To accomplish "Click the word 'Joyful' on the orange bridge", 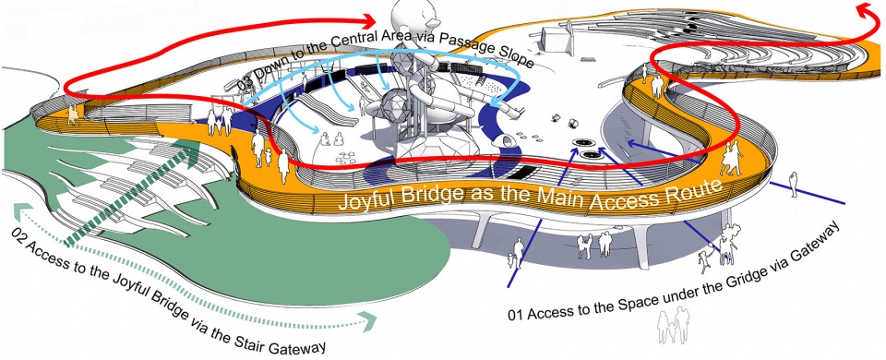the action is (365, 199).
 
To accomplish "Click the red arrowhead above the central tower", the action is (367, 22).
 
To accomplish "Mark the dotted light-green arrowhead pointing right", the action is (369, 322).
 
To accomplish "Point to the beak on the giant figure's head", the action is (434, 22).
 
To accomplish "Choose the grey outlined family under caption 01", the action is (674, 325).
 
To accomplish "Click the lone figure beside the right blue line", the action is (794, 185).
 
